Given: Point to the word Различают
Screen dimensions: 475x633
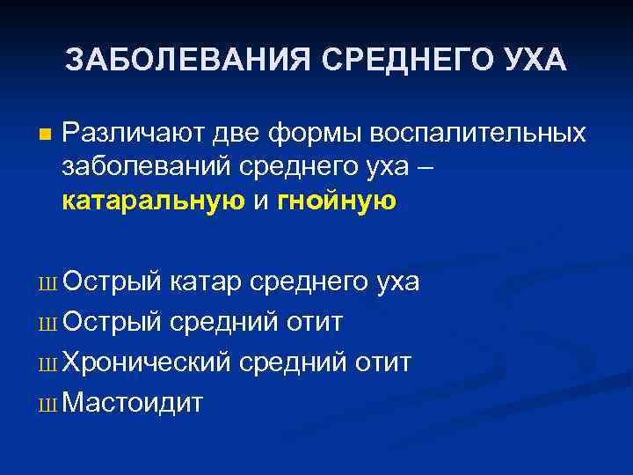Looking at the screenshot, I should click(135, 134).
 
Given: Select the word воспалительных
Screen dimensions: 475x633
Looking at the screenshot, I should click(478, 134).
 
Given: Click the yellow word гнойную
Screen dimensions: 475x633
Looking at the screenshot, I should click(337, 201).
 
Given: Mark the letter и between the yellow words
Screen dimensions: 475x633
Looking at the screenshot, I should click(261, 201).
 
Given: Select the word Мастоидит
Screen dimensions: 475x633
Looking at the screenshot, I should click(133, 403).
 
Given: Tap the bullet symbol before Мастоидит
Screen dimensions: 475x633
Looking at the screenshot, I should click(47, 404).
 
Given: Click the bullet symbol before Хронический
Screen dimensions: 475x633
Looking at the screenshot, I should click(47, 363).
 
